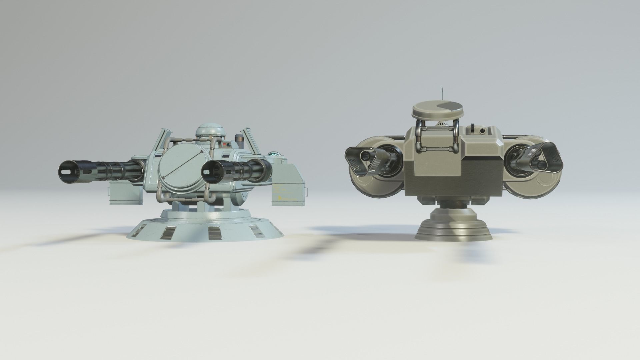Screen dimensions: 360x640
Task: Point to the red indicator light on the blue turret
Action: click(x=228, y=144)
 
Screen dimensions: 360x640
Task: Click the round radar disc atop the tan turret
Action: click(x=437, y=109)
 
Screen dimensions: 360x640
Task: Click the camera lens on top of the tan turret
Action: click(x=482, y=131)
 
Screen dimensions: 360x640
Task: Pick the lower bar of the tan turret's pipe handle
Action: click(x=437, y=149)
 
